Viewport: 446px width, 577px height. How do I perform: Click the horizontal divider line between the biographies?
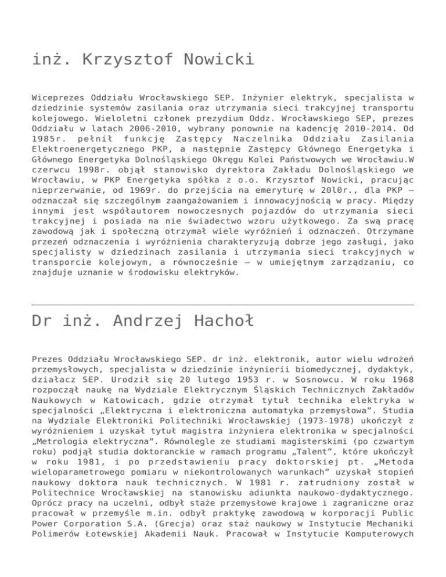coord(223,305)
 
